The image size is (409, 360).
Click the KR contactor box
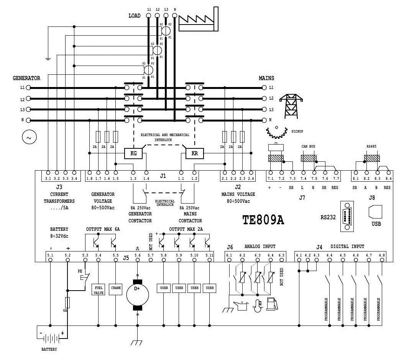pos(194,154)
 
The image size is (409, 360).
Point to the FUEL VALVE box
pos(98,290)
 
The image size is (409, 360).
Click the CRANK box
pos(116,288)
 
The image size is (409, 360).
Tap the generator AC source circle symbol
pos(29,137)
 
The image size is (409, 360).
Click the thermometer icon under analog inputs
pos(257,306)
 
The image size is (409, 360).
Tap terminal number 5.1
pos(51,255)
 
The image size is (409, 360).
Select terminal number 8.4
pos(388,178)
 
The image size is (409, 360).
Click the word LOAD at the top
pos(134,16)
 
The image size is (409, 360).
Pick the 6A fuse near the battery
pos(68,303)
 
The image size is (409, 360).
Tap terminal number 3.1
pos(48,178)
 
